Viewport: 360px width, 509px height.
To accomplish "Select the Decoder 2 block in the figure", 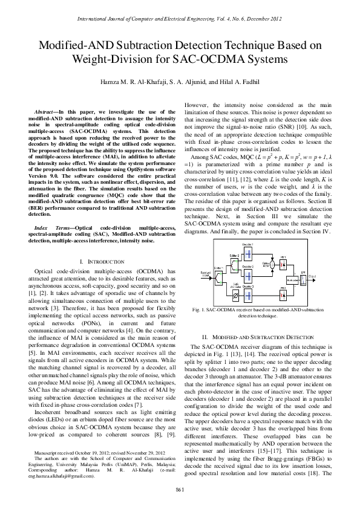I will tap(247, 275).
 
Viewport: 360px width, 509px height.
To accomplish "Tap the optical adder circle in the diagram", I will tap(272, 265).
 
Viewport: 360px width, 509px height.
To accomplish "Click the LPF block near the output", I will tap(303, 280).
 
